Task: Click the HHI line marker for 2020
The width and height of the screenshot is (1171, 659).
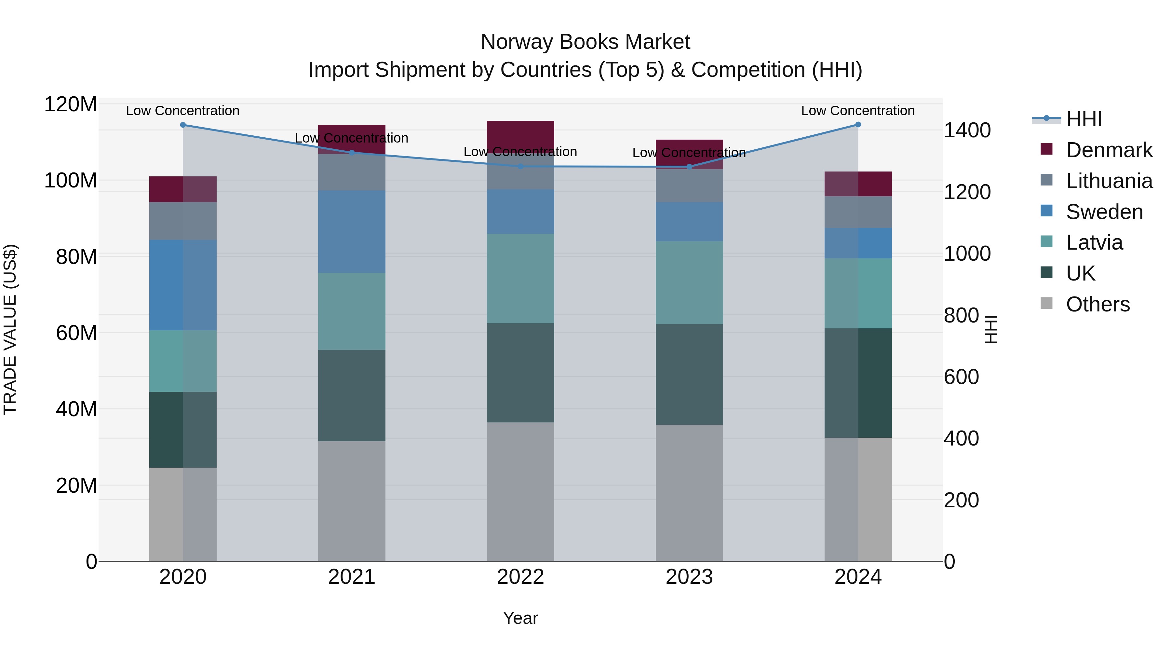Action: tap(183, 125)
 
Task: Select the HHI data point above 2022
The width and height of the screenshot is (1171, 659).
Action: tap(520, 166)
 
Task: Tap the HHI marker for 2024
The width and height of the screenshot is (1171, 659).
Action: tap(858, 125)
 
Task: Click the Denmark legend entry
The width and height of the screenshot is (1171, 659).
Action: tap(1109, 150)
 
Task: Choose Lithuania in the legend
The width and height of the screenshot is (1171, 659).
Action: tap(1109, 181)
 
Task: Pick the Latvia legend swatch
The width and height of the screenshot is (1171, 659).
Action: tap(1046, 242)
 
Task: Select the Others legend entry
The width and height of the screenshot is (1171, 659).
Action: tap(1097, 304)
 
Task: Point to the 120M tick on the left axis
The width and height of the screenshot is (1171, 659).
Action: tap(71, 104)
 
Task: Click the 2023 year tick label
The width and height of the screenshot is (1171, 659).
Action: tap(689, 577)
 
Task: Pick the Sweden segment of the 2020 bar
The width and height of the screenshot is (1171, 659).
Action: tap(183, 285)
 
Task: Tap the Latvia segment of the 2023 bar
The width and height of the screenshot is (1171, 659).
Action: tap(689, 282)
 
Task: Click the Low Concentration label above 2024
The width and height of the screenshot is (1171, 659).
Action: tap(857, 111)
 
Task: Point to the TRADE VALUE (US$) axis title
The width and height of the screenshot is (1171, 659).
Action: tap(10, 329)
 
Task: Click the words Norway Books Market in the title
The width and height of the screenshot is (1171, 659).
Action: tap(585, 42)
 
